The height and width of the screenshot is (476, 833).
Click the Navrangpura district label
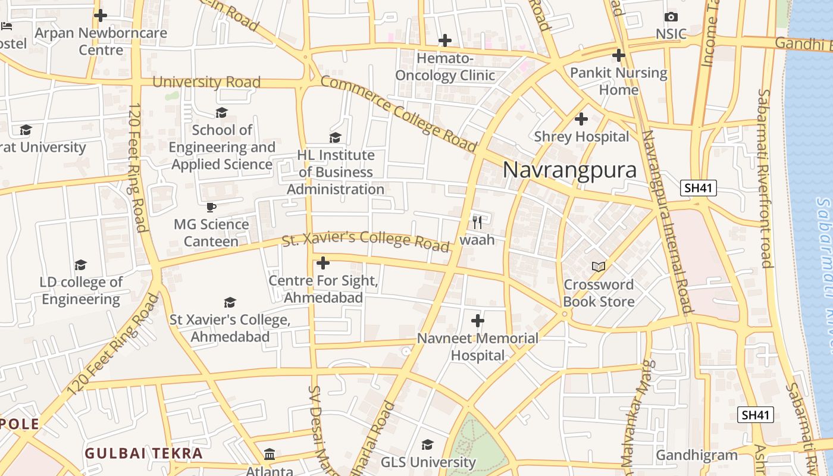pyautogui.click(x=569, y=170)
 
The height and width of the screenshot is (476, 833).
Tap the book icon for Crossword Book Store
pyautogui.click(x=599, y=267)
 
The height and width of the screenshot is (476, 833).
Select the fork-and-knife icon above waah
pyautogui.click(x=477, y=223)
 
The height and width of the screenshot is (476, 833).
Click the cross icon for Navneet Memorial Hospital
pyautogui.click(x=477, y=321)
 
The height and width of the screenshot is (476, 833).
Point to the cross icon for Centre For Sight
pyautogui.click(x=323, y=262)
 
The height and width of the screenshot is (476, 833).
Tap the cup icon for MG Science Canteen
pyautogui.click(x=211, y=207)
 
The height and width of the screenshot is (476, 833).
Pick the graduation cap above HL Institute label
pyautogui.click(x=336, y=137)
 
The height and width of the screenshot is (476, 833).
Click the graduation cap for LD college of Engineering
pyautogui.click(x=80, y=264)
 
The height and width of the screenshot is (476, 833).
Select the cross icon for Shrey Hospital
pyautogui.click(x=581, y=119)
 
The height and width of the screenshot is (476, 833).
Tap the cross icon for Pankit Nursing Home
pyautogui.click(x=619, y=55)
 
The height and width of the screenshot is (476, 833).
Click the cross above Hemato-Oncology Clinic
pyautogui.click(x=444, y=40)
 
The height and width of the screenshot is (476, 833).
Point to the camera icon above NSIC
pyautogui.click(x=671, y=17)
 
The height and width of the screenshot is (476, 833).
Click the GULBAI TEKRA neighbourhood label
pyautogui.click(x=143, y=453)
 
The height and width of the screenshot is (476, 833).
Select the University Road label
pyautogui.click(x=206, y=82)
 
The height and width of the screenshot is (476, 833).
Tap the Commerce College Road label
pyautogui.click(x=399, y=114)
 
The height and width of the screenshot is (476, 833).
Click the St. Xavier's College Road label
pyautogui.click(x=365, y=242)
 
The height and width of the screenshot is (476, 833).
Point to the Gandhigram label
pyautogui.click(x=696, y=456)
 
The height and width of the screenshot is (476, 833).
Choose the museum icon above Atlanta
pyautogui.click(x=270, y=454)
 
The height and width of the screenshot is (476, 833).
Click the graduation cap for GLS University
pyautogui.click(x=427, y=444)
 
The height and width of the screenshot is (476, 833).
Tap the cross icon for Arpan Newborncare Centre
pyautogui.click(x=101, y=15)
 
